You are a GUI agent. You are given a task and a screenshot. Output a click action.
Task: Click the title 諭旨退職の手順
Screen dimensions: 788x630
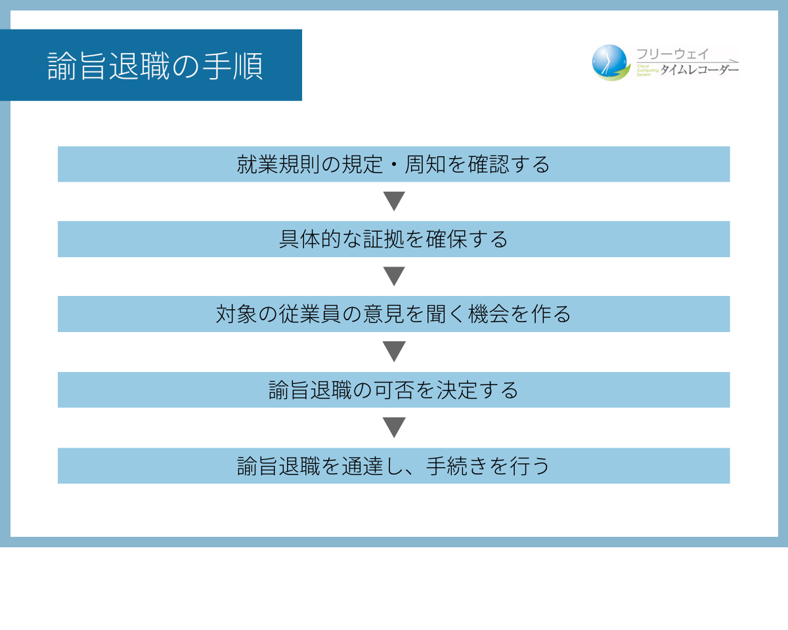[x=155, y=66]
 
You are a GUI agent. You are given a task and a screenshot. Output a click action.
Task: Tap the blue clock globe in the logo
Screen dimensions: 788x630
[x=609, y=62]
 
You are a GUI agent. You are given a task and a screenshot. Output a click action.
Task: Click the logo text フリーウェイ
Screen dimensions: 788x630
[x=672, y=54]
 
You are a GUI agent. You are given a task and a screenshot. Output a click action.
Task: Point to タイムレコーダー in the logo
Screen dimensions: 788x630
[x=699, y=70]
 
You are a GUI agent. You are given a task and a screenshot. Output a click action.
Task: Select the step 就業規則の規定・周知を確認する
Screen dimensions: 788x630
[x=393, y=164]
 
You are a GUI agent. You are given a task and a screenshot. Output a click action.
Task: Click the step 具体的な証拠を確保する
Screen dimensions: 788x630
[x=393, y=239]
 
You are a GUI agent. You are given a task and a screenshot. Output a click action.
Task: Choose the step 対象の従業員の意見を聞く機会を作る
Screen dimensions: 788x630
[x=393, y=314]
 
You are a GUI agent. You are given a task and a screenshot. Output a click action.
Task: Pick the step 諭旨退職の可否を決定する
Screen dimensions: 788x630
[x=393, y=390]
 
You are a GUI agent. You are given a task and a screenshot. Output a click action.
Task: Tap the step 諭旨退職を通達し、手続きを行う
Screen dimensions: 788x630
[x=393, y=466]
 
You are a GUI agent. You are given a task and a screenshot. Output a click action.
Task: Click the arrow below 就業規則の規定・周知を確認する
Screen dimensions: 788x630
[x=394, y=201]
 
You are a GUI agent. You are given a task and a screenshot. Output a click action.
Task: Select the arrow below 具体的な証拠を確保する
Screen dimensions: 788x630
[x=394, y=276]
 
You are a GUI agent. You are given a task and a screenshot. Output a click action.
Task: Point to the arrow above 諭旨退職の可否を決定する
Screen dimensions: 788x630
[x=394, y=351]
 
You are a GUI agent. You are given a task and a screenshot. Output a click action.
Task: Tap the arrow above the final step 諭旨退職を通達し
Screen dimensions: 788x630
[x=394, y=427]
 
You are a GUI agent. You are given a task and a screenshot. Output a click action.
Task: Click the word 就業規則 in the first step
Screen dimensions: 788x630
[x=278, y=164]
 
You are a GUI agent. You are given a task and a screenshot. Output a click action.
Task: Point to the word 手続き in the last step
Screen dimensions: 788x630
[x=457, y=466]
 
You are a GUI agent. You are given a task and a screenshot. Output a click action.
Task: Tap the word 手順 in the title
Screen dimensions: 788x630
[x=233, y=66]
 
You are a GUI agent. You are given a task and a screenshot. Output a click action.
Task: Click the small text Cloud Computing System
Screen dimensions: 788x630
[x=647, y=70]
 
